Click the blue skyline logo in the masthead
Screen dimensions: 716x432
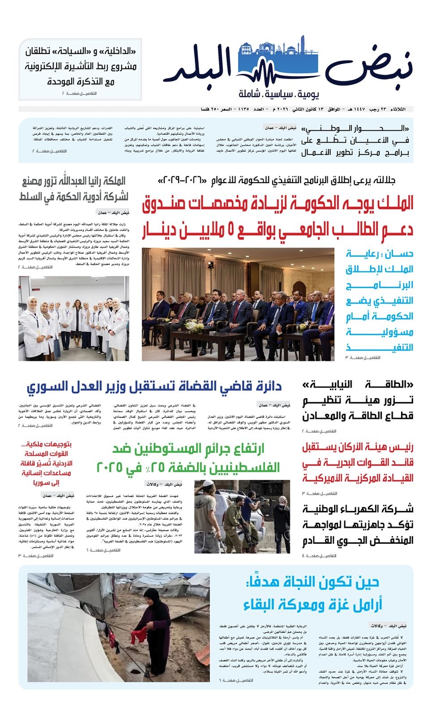pyautogui.click(x=278, y=63)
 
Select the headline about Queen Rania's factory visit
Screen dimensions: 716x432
pyautogui.click(x=74, y=188)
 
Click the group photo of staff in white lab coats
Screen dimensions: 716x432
pyautogui.click(x=74, y=318)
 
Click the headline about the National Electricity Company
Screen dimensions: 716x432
pyautogui.click(x=358, y=524)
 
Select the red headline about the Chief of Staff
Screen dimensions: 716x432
pyautogui.click(x=358, y=462)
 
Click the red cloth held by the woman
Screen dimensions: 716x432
pyautogui.click(x=139, y=635)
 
